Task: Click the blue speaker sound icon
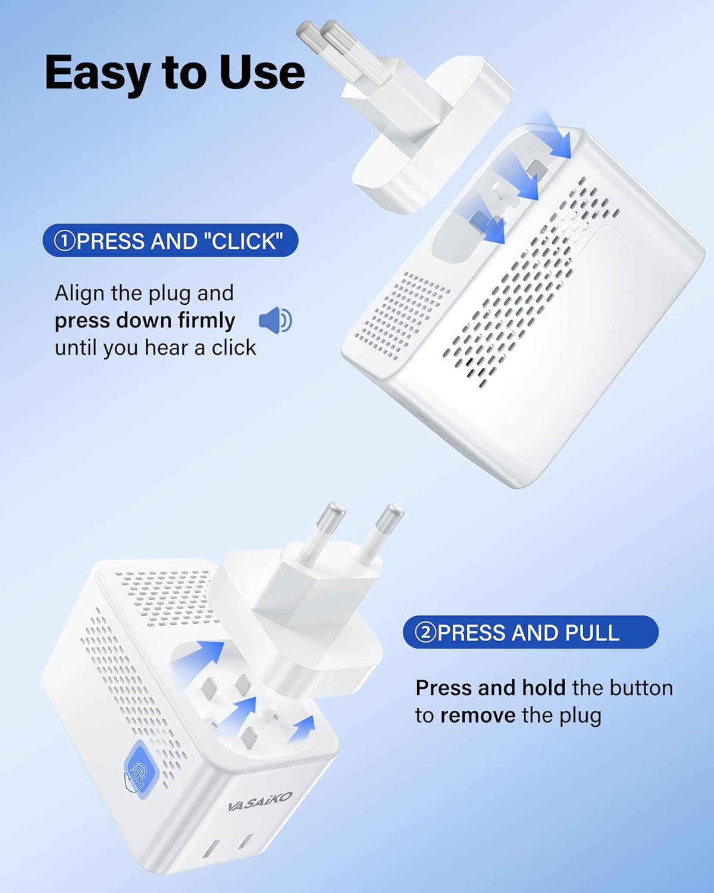275,320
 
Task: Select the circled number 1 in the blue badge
64,241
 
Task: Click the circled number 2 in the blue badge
425,633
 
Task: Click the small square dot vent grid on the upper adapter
402,316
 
